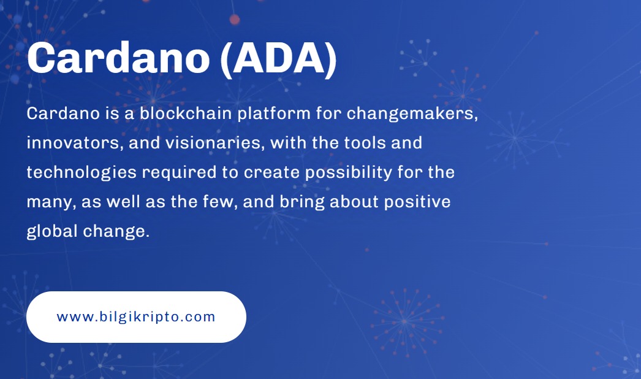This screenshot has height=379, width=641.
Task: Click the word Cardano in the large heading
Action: [x=118, y=58]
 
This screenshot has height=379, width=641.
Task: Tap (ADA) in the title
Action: [x=278, y=59]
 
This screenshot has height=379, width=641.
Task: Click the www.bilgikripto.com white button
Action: [x=136, y=317]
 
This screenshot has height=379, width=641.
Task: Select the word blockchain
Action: [x=186, y=113]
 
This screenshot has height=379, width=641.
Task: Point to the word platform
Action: [x=274, y=113]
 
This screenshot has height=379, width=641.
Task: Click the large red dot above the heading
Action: [x=235, y=19]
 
